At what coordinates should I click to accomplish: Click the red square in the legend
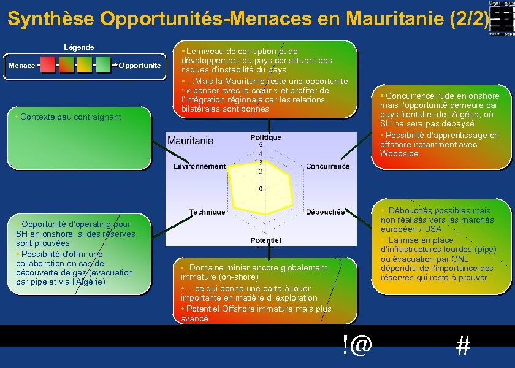48,64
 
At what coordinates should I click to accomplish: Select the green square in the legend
103,64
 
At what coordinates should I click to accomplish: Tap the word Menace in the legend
21,65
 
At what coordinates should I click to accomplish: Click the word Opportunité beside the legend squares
139,65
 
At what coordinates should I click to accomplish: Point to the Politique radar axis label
265,137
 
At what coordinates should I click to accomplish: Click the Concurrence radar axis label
327,166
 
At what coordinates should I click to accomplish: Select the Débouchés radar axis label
325,212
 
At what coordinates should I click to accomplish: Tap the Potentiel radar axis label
265,240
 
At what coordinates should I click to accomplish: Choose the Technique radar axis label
207,212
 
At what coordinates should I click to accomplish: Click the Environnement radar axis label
199,166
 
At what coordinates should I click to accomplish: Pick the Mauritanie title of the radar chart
190,140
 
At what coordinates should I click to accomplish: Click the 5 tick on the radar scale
261,145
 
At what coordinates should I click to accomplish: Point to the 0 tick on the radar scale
261,189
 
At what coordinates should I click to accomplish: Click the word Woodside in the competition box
399,154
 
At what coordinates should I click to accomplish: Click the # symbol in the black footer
463,347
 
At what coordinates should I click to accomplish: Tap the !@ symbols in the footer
357,345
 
